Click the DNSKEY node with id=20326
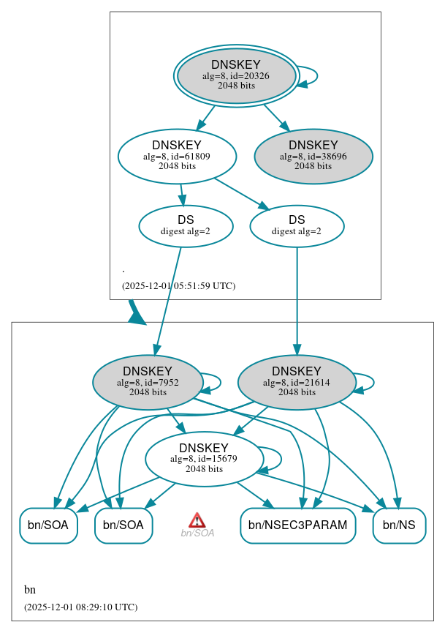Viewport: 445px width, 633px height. click(235, 75)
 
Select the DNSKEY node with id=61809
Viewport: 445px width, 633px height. click(177, 156)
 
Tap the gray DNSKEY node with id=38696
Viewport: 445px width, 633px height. click(313, 156)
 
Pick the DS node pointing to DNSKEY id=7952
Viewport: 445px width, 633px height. click(186, 225)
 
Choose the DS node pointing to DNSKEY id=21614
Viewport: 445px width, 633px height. click(297, 225)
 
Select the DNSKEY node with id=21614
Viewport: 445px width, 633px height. click(297, 382)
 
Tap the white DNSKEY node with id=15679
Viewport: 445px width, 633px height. click(204, 459)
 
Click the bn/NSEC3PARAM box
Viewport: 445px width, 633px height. click(297, 525)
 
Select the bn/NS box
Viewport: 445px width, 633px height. click(399, 525)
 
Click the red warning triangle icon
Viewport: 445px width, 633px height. click(197, 520)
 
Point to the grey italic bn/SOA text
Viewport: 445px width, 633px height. click(197, 533)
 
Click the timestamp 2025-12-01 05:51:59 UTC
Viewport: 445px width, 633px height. click(178, 285)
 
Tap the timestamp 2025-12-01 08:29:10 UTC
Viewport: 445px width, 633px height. click(80, 607)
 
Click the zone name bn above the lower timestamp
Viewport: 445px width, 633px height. click(30, 590)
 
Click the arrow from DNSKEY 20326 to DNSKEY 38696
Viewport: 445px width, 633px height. click(276, 118)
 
